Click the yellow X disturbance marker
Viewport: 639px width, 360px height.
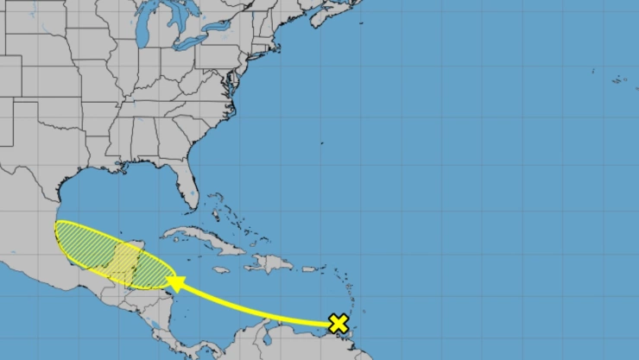tap(338, 324)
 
